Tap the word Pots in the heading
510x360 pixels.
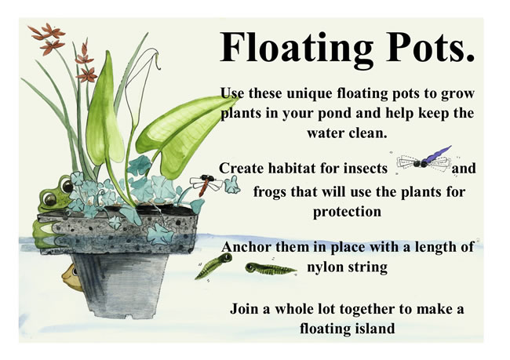[x=429, y=47]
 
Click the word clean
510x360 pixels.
[x=367, y=133]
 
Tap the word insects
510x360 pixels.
[x=366, y=169]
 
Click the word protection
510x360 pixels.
[x=347, y=212]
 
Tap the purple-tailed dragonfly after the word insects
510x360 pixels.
[x=424, y=159]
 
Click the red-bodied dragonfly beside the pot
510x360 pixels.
[x=206, y=184]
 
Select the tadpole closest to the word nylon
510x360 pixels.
[x=271, y=268]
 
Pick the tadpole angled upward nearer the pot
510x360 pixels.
[x=213, y=265]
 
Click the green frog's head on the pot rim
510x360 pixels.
[x=55, y=195]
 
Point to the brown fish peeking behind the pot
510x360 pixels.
[x=72, y=278]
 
